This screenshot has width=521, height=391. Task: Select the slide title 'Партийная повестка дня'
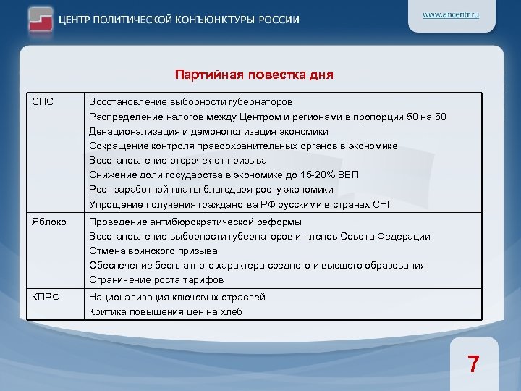(x=254, y=75)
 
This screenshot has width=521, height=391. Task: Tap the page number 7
(x=473, y=363)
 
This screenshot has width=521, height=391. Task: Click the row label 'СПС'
(x=43, y=102)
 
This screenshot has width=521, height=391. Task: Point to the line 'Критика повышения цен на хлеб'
(x=166, y=312)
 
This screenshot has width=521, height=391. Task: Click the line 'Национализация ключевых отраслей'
(x=177, y=298)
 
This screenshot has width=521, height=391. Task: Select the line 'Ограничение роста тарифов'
(x=156, y=280)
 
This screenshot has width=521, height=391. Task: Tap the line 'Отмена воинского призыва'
(x=153, y=251)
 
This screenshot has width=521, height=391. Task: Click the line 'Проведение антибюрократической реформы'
(x=195, y=222)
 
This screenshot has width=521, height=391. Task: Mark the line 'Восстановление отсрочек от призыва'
(x=178, y=160)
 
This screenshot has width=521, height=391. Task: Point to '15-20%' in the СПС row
(x=314, y=175)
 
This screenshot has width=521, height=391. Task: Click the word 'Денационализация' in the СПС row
(x=131, y=131)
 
